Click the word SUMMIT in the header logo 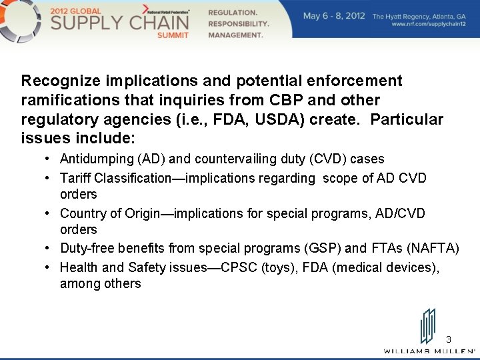[173, 35]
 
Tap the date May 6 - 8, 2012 [334, 15]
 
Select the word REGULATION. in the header [232, 13]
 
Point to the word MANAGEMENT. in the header [235, 35]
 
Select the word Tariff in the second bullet [75, 178]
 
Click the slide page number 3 [449, 339]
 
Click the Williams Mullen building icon [428, 326]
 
